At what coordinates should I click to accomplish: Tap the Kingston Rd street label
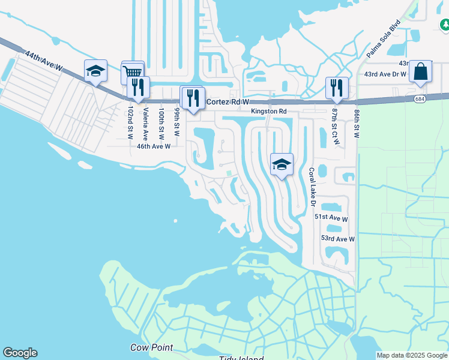(x=269, y=112)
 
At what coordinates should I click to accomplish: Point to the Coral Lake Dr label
(x=312, y=187)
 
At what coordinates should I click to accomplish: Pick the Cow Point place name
(x=152, y=347)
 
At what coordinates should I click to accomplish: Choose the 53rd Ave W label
(x=337, y=239)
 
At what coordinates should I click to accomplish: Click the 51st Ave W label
(x=331, y=219)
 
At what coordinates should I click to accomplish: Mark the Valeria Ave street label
(x=145, y=124)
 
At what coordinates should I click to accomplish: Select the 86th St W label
(x=357, y=124)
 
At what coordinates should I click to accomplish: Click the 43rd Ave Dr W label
(x=385, y=74)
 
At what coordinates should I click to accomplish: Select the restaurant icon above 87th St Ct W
(x=336, y=88)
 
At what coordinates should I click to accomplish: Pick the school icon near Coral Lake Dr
(x=282, y=164)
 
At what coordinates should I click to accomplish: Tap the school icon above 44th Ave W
(x=95, y=71)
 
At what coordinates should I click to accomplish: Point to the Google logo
(x=20, y=353)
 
